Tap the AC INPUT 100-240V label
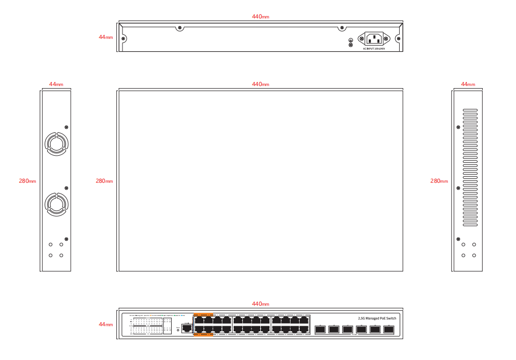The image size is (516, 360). click(374, 49)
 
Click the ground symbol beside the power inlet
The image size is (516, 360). click(350, 40)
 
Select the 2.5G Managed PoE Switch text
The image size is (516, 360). click(377, 318)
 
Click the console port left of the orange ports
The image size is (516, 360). click(187, 327)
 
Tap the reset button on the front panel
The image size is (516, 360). click(178, 330)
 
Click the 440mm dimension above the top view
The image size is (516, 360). click(260, 84)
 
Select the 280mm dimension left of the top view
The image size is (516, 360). click(104, 181)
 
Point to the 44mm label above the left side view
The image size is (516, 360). click(56, 84)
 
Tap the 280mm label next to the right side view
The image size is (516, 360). click(439, 181)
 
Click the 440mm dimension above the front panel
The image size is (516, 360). click(260, 304)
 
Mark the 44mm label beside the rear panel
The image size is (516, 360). click(106, 37)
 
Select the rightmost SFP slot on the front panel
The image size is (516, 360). click(388, 329)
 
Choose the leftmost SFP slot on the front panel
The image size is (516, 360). click(320, 329)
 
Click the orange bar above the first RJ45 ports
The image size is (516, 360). click(203, 314)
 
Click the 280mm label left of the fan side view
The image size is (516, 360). click(27, 181)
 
